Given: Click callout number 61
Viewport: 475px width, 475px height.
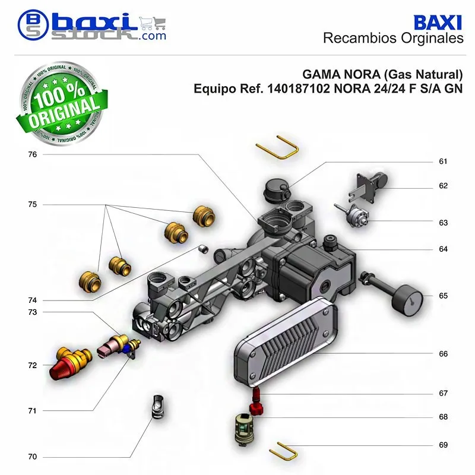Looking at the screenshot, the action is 443,161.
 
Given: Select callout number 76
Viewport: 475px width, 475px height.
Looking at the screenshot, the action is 33,154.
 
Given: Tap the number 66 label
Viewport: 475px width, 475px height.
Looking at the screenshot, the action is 443,354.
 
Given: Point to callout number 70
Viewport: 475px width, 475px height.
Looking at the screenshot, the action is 33,457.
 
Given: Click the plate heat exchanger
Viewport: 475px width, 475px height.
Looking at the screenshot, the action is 286,341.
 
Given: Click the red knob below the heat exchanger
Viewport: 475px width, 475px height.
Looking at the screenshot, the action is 256,408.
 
